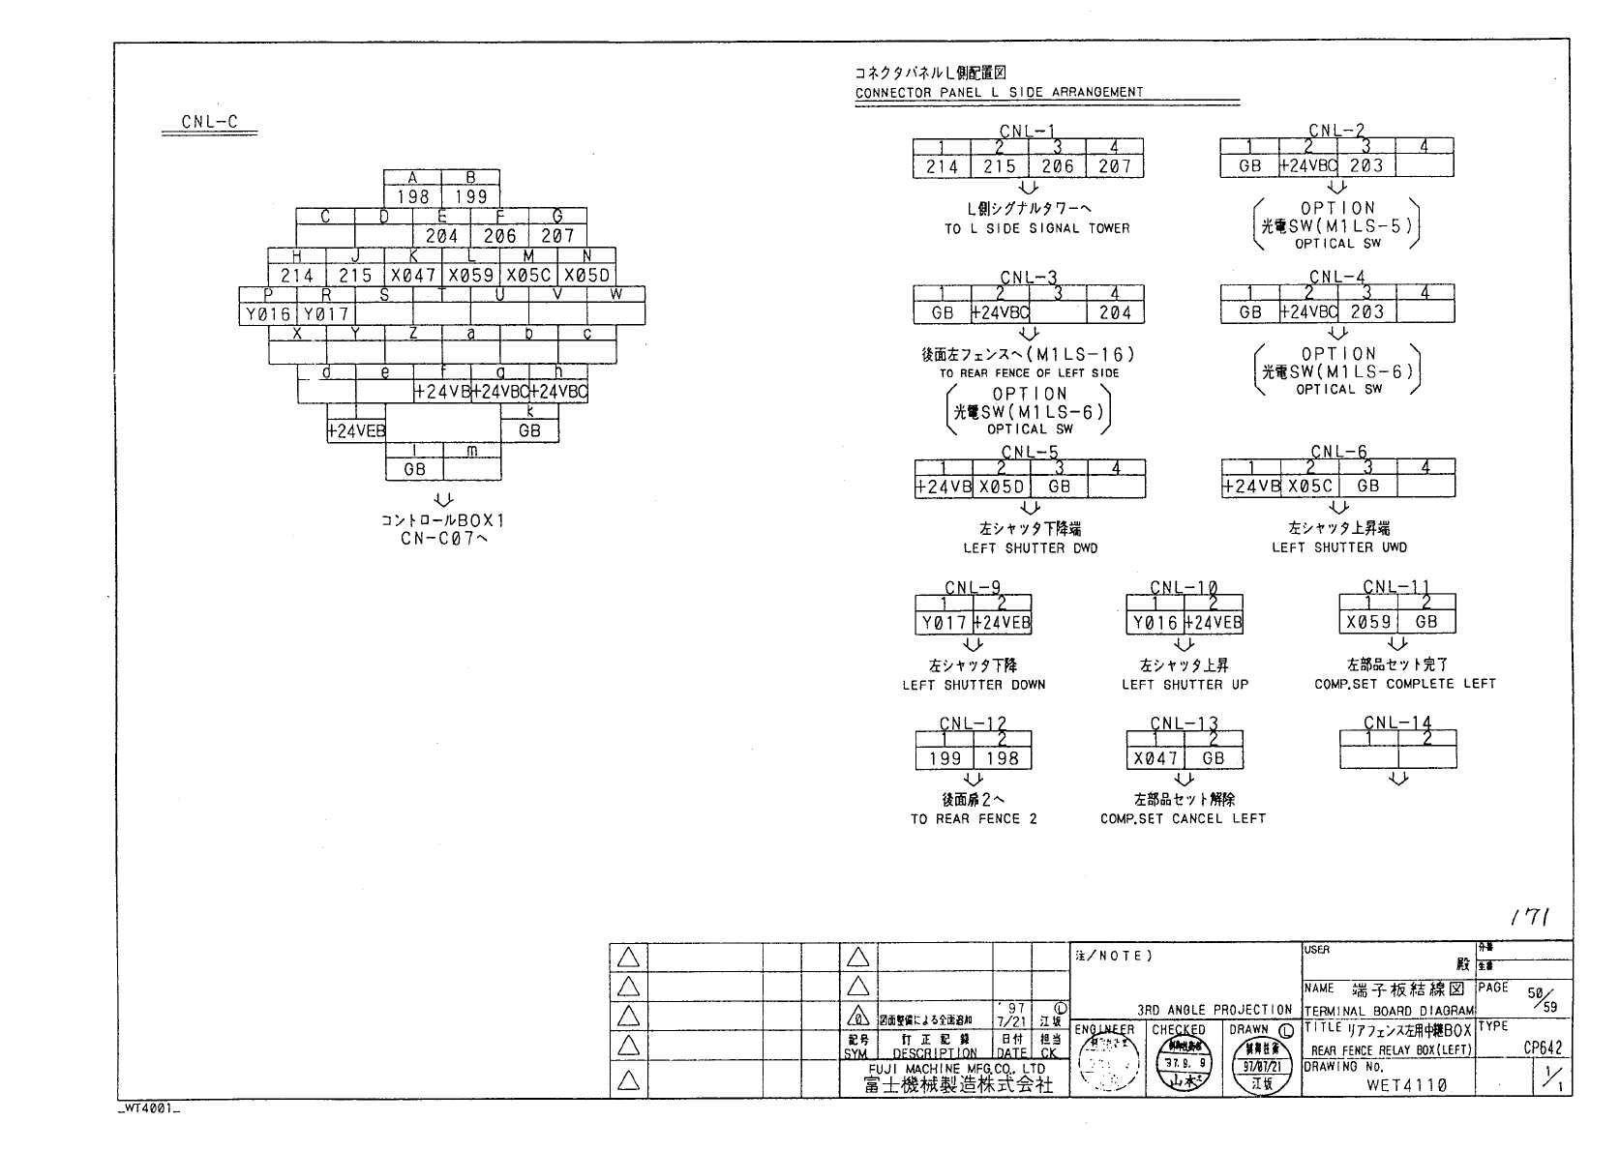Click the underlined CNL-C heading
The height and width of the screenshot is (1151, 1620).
pyautogui.click(x=209, y=122)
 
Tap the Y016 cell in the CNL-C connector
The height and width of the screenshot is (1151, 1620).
pyautogui.click(x=268, y=313)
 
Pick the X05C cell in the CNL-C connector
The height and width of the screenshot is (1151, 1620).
pyautogui.click(x=528, y=276)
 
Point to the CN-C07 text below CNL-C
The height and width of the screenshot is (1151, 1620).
pyautogui.click(x=444, y=539)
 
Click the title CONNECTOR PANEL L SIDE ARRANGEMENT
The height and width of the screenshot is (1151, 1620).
pyautogui.click(x=999, y=93)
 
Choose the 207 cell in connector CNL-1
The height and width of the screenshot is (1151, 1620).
pyautogui.click(x=1115, y=166)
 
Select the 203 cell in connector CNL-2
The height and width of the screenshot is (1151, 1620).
pyautogui.click(x=1366, y=165)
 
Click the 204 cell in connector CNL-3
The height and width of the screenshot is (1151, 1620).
pyautogui.click(x=1115, y=312)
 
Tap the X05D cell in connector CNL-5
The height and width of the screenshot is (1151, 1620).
pyautogui.click(x=1002, y=487)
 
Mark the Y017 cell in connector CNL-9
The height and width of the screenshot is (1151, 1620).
pyautogui.click(x=944, y=623)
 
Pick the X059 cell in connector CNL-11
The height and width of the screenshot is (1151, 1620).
pyautogui.click(x=1368, y=622)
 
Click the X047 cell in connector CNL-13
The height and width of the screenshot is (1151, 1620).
pyautogui.click(x=1155, y=759)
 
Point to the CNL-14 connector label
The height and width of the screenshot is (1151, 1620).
pyautogui.click(x=1396, y=723)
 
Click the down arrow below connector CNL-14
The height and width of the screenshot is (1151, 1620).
pyautogui.click(x=1397, y=780)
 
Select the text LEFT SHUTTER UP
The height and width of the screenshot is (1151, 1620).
pyautogui.click(x=1185, y=685)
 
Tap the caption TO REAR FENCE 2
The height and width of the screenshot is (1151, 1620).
pyautogui.click(x=973, y=819)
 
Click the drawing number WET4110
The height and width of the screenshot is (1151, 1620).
pyautogui.click(x=1406, y=1085)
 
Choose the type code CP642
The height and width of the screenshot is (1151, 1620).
pyautogui.click(x=1543, y=1048)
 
